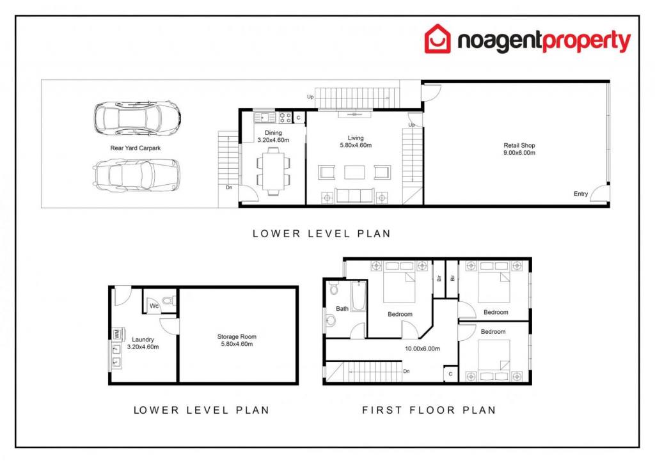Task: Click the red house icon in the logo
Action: pos(438,39)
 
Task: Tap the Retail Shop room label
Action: pos(519,149)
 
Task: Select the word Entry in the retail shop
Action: pos(581,194)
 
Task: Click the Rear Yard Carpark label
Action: pos(136,148)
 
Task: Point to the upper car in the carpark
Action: pos(137,118)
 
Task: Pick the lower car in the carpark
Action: pos(136,176)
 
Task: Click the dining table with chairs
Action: pos(272,171)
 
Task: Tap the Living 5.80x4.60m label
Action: pos(356,141)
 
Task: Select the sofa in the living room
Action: pos(354,196)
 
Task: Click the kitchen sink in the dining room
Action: pos(264,117)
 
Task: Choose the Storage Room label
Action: pos(237,340)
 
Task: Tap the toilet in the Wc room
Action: pos(169,300)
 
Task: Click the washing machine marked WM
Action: pos(116,334)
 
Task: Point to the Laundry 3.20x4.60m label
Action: pos(143,343)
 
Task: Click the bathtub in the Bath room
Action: pos(358,296)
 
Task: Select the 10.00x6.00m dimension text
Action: pos(422,349)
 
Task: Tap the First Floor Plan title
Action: pos(429,410)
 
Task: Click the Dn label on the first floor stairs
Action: pos(406,371)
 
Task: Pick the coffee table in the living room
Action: pos(354,172)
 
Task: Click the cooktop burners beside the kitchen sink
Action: pos(285,117)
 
